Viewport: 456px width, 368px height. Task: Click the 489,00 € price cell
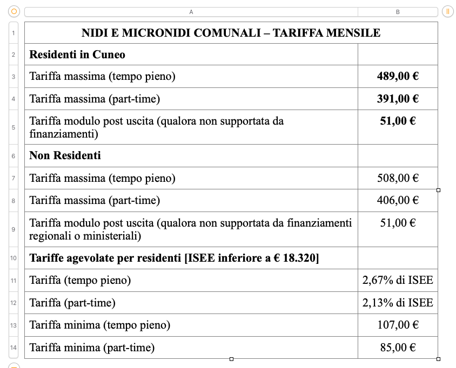398,77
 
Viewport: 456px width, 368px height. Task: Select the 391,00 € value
398,99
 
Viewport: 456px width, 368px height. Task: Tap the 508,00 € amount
398,178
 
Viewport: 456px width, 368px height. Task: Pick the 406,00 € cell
398,201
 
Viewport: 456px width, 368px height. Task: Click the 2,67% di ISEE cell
398,280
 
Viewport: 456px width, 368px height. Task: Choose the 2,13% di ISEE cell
398,303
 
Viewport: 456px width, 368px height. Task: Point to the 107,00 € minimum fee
398,325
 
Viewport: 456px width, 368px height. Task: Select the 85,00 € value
398,348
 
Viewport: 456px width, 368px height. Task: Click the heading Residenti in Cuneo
77,54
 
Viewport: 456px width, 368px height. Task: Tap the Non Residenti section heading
65,155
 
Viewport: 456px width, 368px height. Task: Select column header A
191,12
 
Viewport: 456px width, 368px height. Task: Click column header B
398,12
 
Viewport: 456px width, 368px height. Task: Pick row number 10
14,258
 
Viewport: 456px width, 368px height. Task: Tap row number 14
14,348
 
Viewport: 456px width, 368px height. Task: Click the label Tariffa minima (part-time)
92,348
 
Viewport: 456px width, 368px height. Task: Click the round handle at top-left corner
14,11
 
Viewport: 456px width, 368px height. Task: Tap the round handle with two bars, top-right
447,11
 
